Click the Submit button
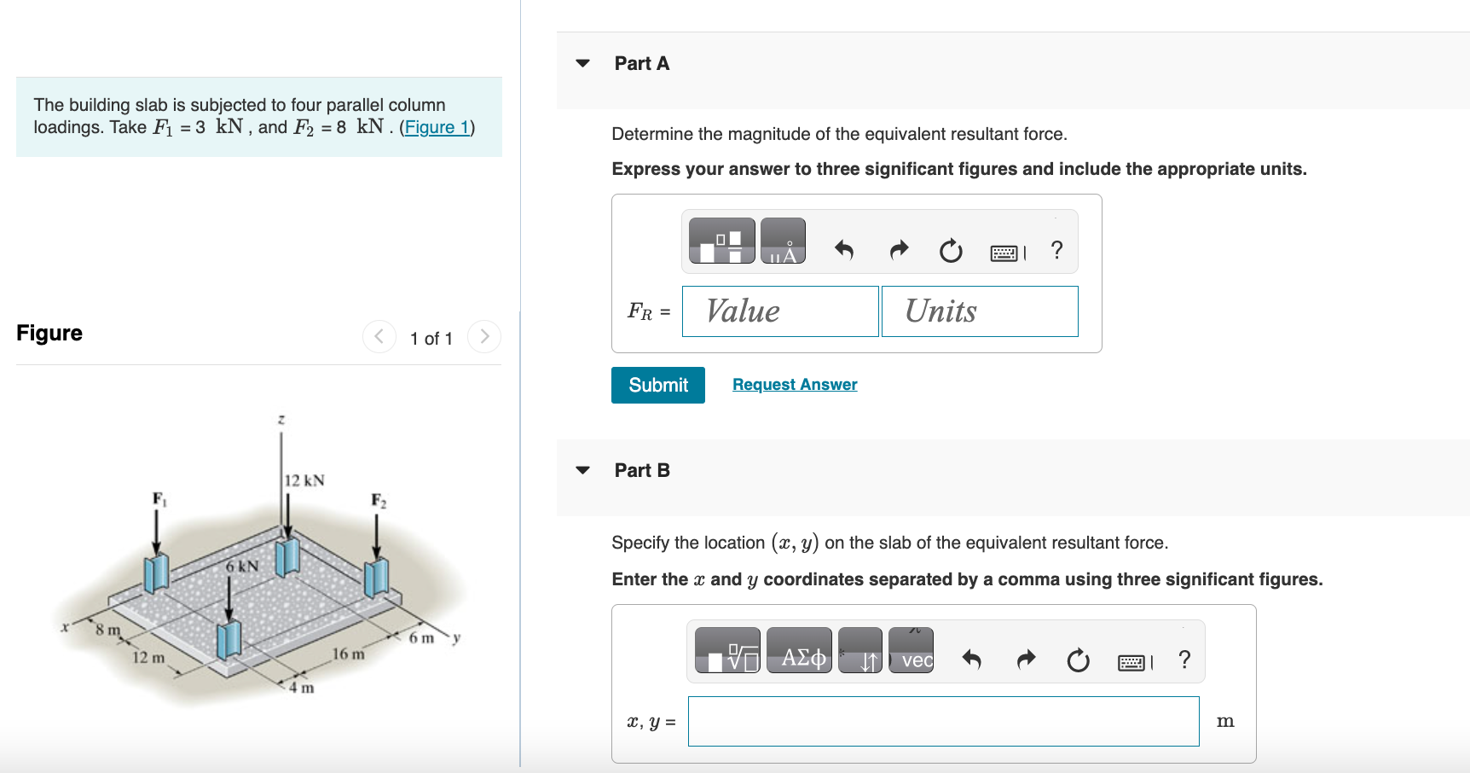point(657,385)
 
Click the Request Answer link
point(794,385)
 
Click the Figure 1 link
point(437,127)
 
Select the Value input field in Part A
point(779,311)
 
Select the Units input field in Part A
point(979,311)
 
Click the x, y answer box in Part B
point(942,721)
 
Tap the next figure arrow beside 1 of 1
point(484,336)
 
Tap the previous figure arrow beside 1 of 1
point(379,336)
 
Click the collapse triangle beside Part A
point(583,63)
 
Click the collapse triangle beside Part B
point(583,470)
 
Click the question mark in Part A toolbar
point(1056,250)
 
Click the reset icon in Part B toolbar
point(1078,660)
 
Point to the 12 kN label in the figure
point(304,480)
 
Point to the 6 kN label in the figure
point(242,566)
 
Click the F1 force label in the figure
point(159,498)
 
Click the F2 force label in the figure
point(379,500)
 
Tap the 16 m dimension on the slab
point(348,654)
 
